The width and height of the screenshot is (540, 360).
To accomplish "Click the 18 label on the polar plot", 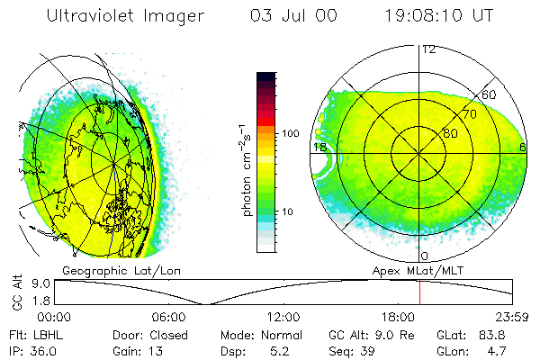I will [319, 147].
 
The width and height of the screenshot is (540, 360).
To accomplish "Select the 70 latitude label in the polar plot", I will [469, 114].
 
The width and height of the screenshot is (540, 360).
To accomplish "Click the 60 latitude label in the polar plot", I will [490, 94].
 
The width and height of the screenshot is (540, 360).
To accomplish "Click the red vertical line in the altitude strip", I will [419, 292].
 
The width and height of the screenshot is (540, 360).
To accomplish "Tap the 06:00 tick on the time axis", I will [168, 317].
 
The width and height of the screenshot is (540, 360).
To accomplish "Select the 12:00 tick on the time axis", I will [283, 317].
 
